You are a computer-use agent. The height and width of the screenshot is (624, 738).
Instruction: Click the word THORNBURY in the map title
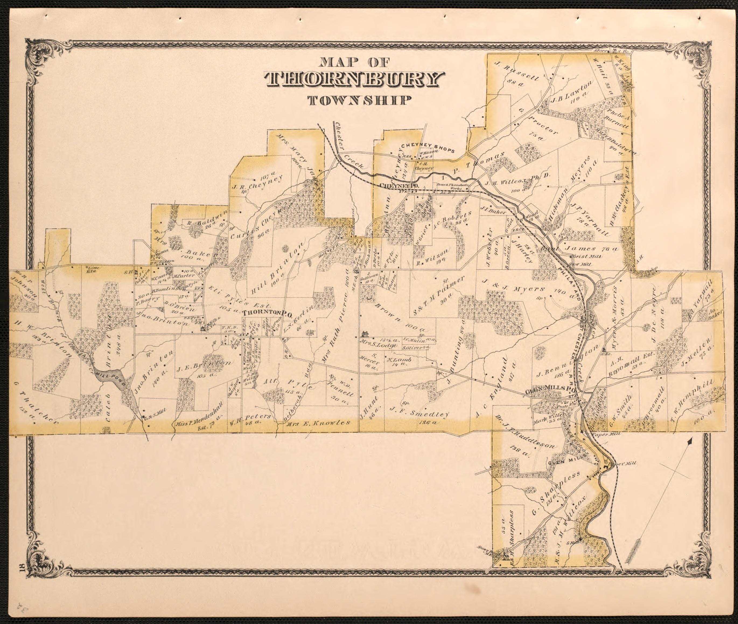pyautogui.click(x=354, y=80)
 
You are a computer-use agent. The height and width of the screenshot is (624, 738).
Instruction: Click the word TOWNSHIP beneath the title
pyautogui.click(x=360, y=100)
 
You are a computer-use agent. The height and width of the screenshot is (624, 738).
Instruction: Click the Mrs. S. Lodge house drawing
pyautogui.click(x=365, y=334)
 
